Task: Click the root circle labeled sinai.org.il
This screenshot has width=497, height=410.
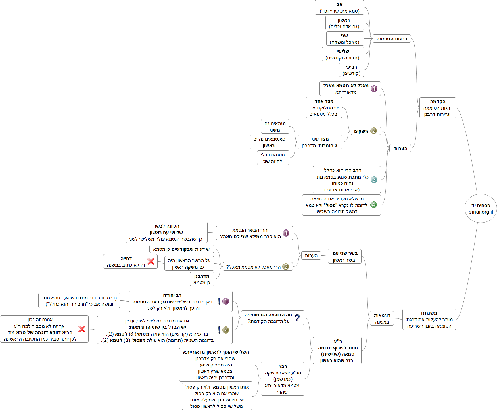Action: pos(481,208)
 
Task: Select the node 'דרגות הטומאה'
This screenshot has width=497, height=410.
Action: pos(392,39)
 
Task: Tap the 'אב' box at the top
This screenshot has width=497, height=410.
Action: pos(339,7)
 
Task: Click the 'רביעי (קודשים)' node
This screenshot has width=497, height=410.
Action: pos(351,70)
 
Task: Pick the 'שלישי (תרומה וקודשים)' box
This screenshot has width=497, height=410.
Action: pos(343,54)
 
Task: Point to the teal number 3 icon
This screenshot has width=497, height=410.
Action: pos(374,180)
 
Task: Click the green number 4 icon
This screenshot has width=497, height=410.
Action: pos(374,205)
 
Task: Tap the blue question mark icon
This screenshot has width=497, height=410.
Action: pos(297,318)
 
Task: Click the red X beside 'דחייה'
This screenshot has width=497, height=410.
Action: pos(151,261)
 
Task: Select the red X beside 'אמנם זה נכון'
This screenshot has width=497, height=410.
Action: pos(82,329)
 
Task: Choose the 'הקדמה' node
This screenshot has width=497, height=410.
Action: pos(438,108)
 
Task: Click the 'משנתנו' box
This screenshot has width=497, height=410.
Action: pos(429,319)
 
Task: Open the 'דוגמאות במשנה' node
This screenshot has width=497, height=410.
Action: pos(382,318)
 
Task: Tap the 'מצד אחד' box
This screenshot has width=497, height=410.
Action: pos(324,107)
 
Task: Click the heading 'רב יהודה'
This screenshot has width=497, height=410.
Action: pos(172,295)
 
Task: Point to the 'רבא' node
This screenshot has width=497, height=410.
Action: pos(283,379)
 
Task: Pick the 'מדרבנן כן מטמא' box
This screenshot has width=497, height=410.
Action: pos(202,279)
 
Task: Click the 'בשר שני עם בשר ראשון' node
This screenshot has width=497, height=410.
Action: pos(345,256)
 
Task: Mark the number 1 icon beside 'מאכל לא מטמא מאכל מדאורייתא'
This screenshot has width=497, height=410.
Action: pos(374,89)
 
